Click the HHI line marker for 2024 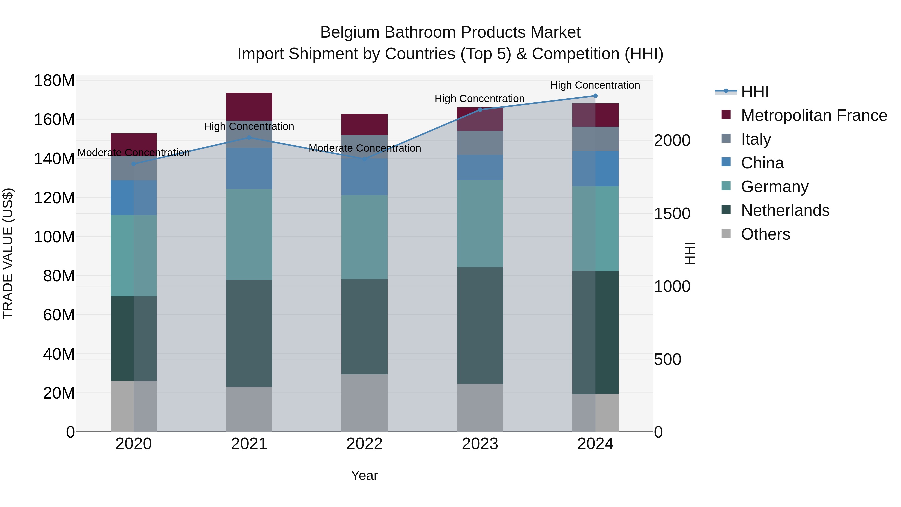pos(595,96)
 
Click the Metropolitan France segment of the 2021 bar pos(249,106)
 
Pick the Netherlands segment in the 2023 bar pos(480,325)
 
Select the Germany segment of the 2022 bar pos(364,237)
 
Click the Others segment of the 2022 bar pos(364,403)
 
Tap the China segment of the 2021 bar pos(249,168)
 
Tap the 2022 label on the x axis pos(364,444)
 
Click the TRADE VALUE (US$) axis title pos(8,253)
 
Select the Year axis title pos(364,475)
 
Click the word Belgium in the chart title pos(350,32)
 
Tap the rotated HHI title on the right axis pos(690,253)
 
